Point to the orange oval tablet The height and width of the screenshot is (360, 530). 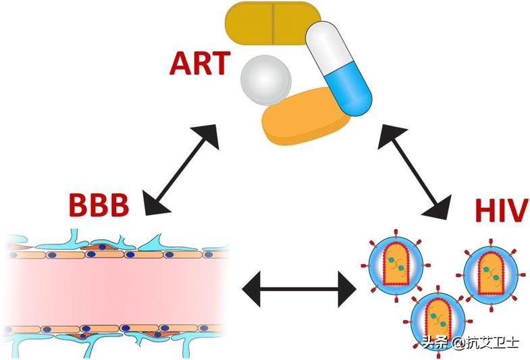point(307,117)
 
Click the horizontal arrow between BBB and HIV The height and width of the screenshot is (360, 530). point(299,290)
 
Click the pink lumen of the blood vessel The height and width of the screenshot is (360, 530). point(115,291)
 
